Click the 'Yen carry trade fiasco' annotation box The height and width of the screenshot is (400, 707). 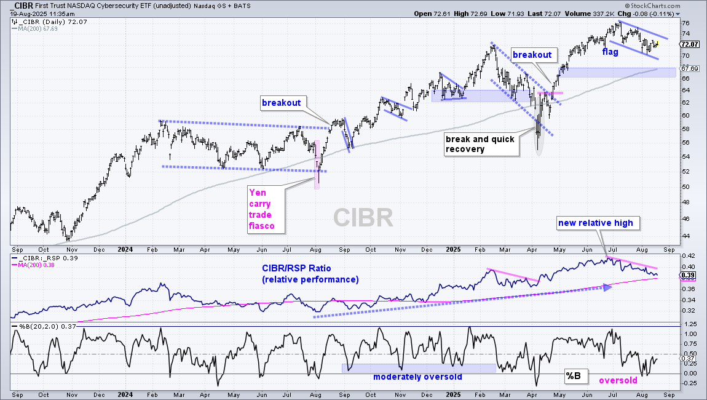tap(266, 209)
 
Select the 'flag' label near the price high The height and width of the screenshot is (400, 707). tap(610, 52)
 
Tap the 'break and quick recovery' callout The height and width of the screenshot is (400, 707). tap(481, 145)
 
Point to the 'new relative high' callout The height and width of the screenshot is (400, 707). tap(596, 223)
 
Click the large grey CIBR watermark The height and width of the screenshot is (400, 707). tap(363, 218)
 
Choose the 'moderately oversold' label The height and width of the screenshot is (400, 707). tap(417, 377)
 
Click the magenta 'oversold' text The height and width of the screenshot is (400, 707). tap(618, 380)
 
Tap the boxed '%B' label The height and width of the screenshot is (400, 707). tap(574, 375)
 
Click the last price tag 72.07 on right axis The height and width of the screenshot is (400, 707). tap(690, 44)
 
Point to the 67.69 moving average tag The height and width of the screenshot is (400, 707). tap(690, 69)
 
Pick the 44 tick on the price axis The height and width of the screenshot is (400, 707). tap(685, 236)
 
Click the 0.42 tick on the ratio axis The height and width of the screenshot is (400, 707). tap(687, 255)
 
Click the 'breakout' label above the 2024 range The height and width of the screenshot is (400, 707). tap(282, 103)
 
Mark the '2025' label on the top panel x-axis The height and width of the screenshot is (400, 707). tap(453, 250)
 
